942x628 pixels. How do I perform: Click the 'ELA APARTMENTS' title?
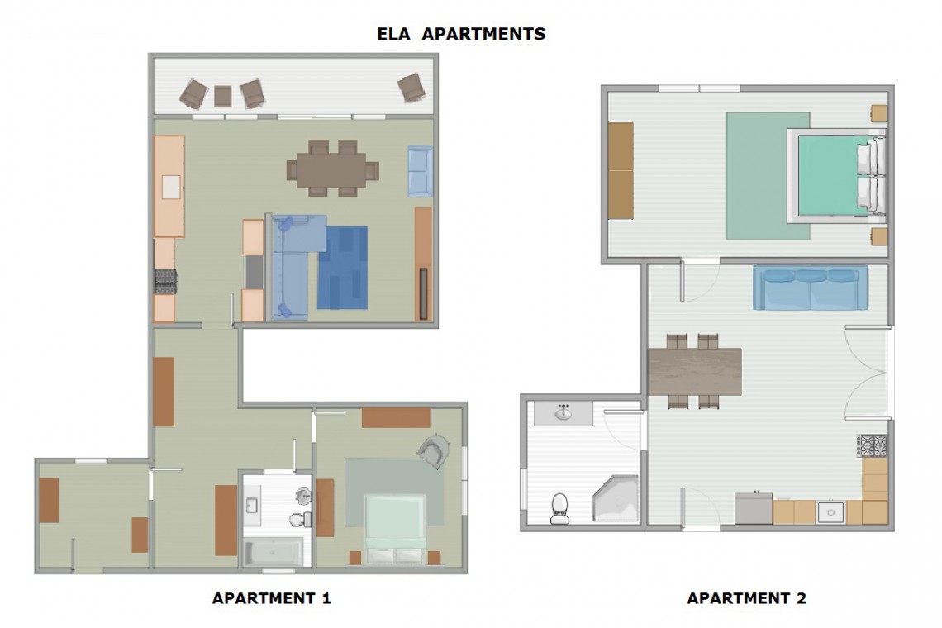[461, 34]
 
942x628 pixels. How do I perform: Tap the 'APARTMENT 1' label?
[272, 598]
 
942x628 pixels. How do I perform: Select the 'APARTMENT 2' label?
[746, 598]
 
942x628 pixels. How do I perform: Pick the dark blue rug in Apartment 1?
[342, 268]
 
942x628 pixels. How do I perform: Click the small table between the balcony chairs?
[223, 96]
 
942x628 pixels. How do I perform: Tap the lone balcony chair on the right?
[412, 88]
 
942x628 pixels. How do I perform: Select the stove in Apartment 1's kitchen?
[165, 281]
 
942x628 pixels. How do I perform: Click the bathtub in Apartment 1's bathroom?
[274, 551]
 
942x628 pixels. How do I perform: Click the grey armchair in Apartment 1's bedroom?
[434, 450]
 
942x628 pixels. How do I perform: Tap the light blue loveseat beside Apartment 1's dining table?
[420, 171]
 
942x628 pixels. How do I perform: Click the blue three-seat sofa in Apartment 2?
[811, 288]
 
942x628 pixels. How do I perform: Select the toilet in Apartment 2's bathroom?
[559, 508]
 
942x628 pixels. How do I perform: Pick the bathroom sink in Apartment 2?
[563, 413]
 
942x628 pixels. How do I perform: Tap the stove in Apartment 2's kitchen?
[873, 446]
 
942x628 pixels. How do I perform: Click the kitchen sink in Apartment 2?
[830, 512]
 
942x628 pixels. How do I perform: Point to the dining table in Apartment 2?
[695, 371]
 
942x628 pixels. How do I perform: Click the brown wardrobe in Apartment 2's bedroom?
[621, 171]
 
